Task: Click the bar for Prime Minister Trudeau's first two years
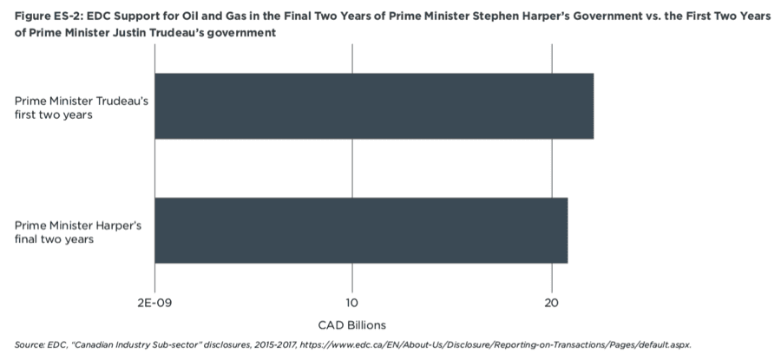(x=374, y=106)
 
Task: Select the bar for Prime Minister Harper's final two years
(x=361, y=231)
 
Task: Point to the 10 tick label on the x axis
(x=352, y=303)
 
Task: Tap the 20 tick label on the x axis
(x=552, y=303)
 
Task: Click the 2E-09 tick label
(x=155, y=303)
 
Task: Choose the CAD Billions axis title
(x=352, y=325)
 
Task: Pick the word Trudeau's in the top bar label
(x=122, y=101)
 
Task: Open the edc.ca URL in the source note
(x=496, y=344)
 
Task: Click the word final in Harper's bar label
(x=26, y=239)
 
